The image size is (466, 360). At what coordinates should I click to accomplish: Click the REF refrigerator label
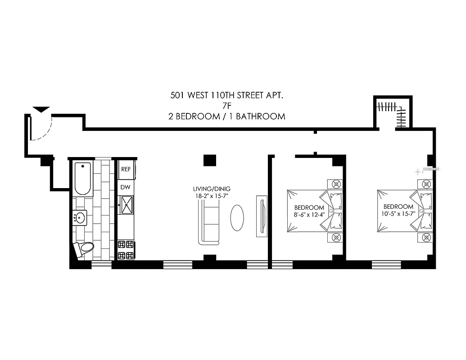126,169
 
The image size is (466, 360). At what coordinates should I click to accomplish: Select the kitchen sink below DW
127,205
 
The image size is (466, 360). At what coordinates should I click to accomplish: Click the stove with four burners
126,250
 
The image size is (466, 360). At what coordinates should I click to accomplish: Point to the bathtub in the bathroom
83,178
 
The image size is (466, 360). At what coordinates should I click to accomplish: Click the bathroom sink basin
80,218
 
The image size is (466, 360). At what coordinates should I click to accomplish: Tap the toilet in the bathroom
84,248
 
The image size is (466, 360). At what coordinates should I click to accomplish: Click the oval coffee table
237,218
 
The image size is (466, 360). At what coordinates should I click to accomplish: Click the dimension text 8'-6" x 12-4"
309,214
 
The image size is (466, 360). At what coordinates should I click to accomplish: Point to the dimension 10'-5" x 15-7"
399,214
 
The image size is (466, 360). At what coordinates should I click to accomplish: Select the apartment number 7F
227,106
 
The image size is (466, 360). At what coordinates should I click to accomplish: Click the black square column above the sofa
209,160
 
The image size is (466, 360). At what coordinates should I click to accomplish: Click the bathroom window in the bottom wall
101,264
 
